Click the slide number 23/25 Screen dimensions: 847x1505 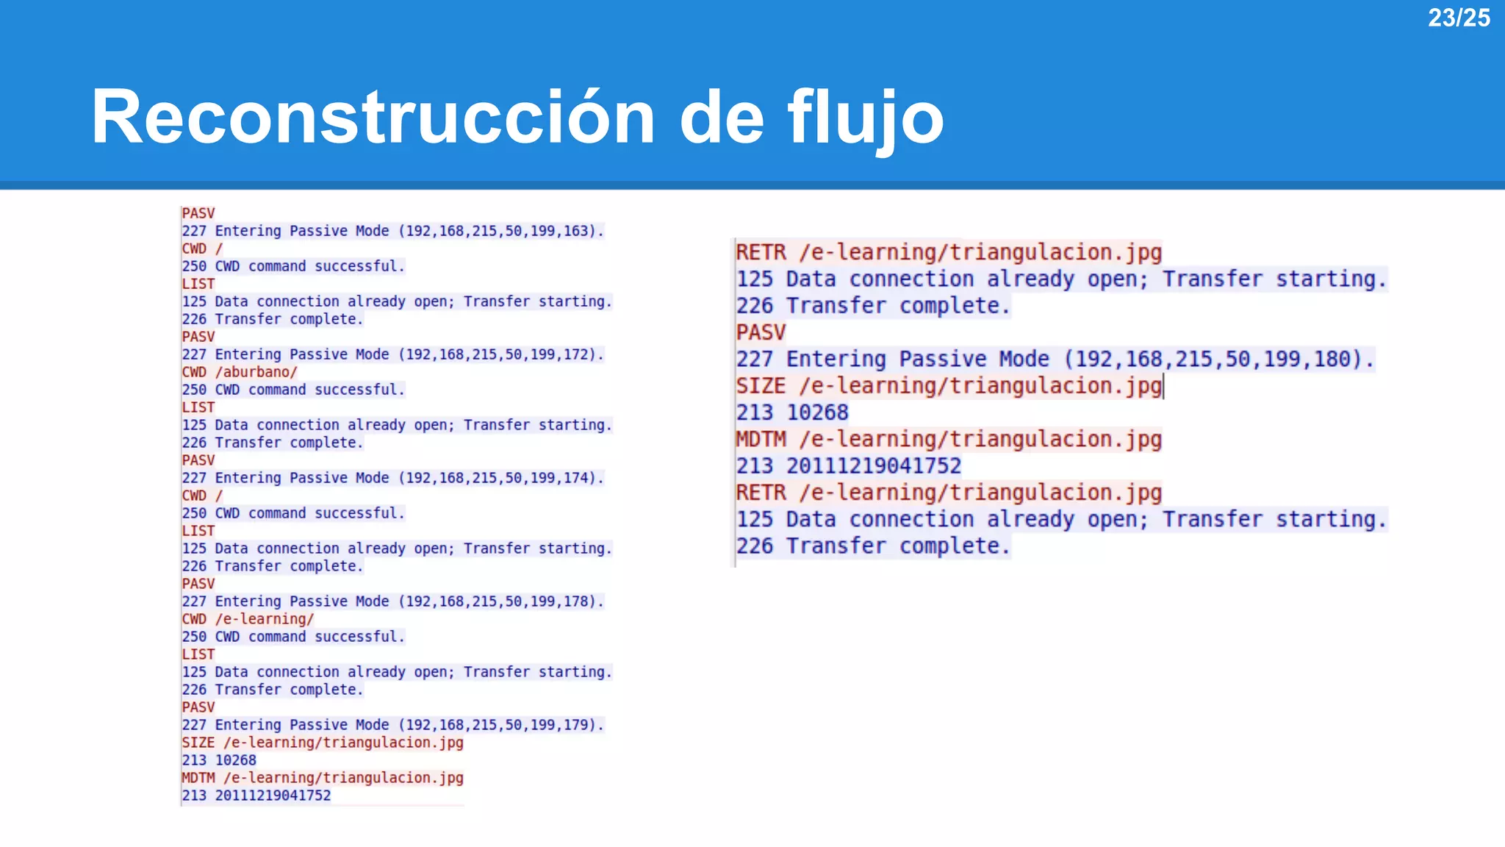pyautogui.click(x=1458, y=18)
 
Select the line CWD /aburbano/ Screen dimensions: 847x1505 pyautogui.click(x=240, y=372)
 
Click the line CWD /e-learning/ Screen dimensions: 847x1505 pyautogui.click(x=248, y=619)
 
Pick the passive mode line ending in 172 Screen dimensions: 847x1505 pyautogui.click(x=392, y=354)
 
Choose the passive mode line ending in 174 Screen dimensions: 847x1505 pyautogui.click(x=392, y=478)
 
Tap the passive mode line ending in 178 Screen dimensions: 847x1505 pyautogui.click(x=392, y=601)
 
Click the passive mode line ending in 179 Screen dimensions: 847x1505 pyautogui.click(x=392, y=725)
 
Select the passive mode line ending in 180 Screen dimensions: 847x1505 pyautogui.click(x=1055, y=360)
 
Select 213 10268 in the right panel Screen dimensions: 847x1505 pyautogui.click(x=792, y=413)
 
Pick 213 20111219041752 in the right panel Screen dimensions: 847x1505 pyautogui.click(x=849, y=466)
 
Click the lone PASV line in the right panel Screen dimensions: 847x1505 pyautogui.click(x=761, y=332)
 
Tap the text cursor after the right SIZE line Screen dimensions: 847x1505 pyautogui.click(x=1164, y=386)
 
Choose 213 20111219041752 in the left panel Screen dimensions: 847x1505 pyautogui.click(x=256, y=796)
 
